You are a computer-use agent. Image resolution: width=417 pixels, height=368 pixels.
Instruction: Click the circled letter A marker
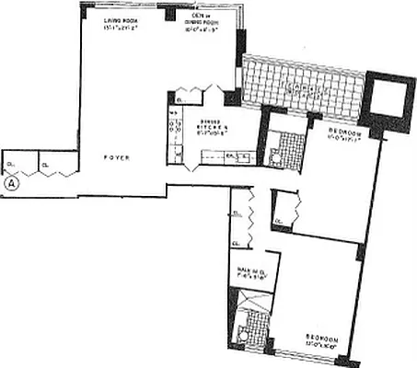point(12,182)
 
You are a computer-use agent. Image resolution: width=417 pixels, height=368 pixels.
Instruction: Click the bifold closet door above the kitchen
point(191,92)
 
